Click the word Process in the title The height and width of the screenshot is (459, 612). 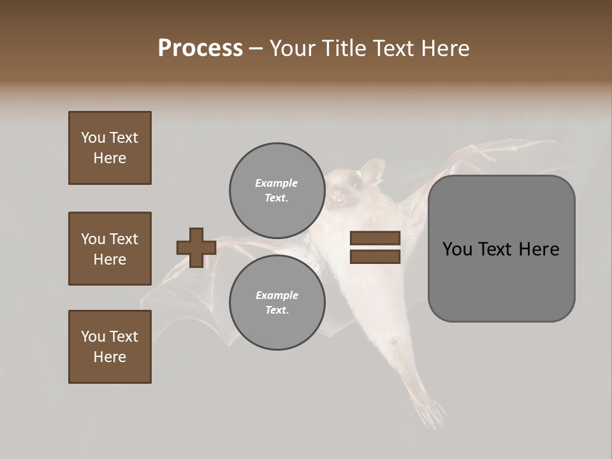click(x=200, y=48)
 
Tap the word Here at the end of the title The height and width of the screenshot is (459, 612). click(x=444, y=48)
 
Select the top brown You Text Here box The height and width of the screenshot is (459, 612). click(x=110, y=148)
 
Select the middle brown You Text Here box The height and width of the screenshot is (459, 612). click(x=110, y=249)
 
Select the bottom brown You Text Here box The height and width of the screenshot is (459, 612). click(x=110, y=347)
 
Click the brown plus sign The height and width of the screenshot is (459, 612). click(x=196, y=247)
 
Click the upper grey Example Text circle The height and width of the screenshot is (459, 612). click(x=276, y=190)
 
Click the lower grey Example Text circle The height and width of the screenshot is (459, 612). click(x=276, y=302)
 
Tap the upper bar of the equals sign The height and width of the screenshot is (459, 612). click(x=375, y=238)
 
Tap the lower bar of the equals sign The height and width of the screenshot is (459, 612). click(x=375, y=257)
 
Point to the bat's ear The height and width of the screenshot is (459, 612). click(x=372, y=169)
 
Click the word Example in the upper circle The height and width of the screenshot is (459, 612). click(x=276, y=183)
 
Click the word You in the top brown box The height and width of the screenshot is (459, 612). click(x=93, y=138)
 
